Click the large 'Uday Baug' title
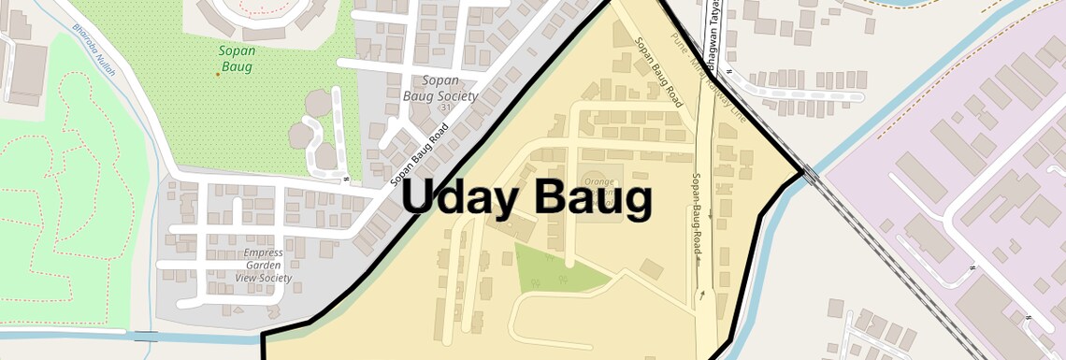point(526,199)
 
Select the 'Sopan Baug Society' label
point(440,88)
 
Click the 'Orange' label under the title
point(599,180)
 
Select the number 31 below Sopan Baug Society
point(446,108)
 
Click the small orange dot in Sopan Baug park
point(218,74)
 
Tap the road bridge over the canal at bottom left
point(145,336)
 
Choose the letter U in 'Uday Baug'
point(422,198)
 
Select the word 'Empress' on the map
point(263,253)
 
